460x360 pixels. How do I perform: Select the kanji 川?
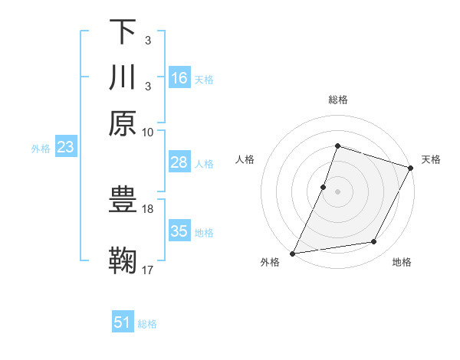(123, 77)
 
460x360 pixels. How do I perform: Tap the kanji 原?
(123, 123)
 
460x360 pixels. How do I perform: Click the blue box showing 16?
(179, 78)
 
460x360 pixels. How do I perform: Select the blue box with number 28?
(179, 162)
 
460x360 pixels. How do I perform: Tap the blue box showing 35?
(179, 231)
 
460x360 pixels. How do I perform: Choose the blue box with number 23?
(65, 148)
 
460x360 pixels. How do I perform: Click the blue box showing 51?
(123, 322)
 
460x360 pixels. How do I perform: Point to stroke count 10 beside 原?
(148, 132)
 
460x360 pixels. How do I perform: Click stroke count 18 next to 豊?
(148, 208)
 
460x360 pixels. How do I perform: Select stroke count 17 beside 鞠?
(148, 269)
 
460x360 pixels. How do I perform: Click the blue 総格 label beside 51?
(147, 324)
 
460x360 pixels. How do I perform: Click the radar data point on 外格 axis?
(293, 253)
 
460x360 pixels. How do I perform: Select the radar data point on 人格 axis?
(324, 186)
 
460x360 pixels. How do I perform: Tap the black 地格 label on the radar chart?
(402, 263)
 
